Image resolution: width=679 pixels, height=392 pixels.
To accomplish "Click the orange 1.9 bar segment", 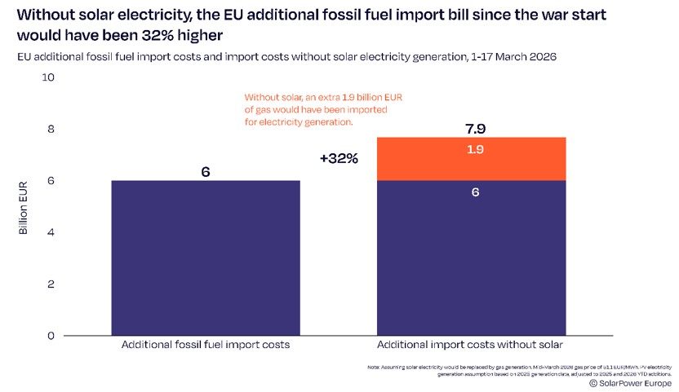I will [472, 159].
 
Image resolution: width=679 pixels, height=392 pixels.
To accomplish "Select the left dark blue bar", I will [206, 257].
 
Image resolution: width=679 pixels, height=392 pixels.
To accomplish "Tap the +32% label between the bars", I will [339, 158].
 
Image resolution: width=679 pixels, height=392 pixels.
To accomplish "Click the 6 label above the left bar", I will [206, 172].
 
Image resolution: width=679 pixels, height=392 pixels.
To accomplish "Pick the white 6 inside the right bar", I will [474, 193].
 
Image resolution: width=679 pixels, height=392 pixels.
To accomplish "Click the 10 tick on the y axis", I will [47, 77].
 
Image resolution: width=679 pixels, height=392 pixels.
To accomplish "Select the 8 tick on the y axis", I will [51, 129].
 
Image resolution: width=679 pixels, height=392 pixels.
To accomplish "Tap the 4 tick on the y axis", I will [51, 232].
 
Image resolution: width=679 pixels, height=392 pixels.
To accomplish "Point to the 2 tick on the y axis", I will [51, 284].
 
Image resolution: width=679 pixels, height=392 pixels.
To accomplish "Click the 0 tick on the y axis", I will [51, 335].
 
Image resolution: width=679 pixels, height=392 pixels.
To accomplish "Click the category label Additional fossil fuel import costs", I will [206, 346].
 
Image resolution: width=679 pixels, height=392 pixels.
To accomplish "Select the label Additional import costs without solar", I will [473, 346].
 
